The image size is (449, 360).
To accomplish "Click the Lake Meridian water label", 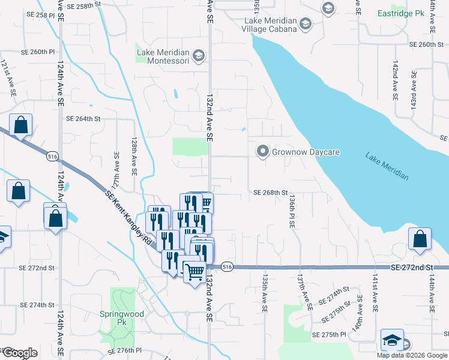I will coord(387,166).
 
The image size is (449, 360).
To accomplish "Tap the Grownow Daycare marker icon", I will coord(262,152).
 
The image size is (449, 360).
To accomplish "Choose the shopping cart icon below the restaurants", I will coord(194,273).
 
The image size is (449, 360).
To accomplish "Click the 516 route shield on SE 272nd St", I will coord(226,266).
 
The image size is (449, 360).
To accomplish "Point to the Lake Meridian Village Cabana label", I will coord(270,24).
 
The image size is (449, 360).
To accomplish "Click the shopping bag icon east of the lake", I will coord(420,239).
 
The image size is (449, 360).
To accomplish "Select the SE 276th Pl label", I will coord(124,350).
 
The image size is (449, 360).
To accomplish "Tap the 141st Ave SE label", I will coord(374,294).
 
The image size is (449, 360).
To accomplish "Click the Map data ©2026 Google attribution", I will coord(412,355).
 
